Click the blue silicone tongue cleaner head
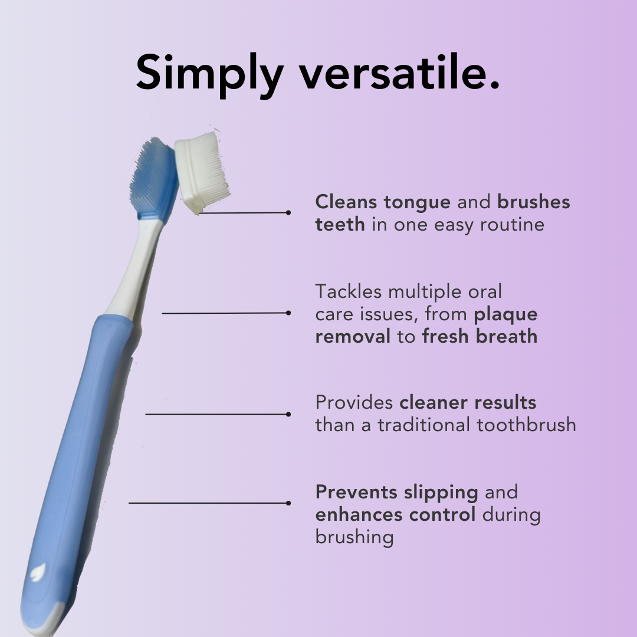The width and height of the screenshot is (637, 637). point(155,181)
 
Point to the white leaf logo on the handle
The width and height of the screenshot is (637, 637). point(38,572)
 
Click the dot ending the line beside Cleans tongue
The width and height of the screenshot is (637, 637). point(288,212)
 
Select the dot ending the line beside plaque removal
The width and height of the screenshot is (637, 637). point(288,313)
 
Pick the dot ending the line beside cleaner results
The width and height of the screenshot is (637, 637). point(288,415)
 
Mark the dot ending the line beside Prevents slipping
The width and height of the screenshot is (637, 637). point(288,503)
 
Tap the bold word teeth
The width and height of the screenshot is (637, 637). point(340,224)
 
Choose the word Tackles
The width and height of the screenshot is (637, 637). point(349,291)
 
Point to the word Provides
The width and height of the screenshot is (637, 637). point(354,403)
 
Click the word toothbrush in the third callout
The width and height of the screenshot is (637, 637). point(527,425)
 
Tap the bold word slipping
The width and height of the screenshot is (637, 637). point(441,493)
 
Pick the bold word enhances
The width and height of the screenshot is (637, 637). point(359,514)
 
